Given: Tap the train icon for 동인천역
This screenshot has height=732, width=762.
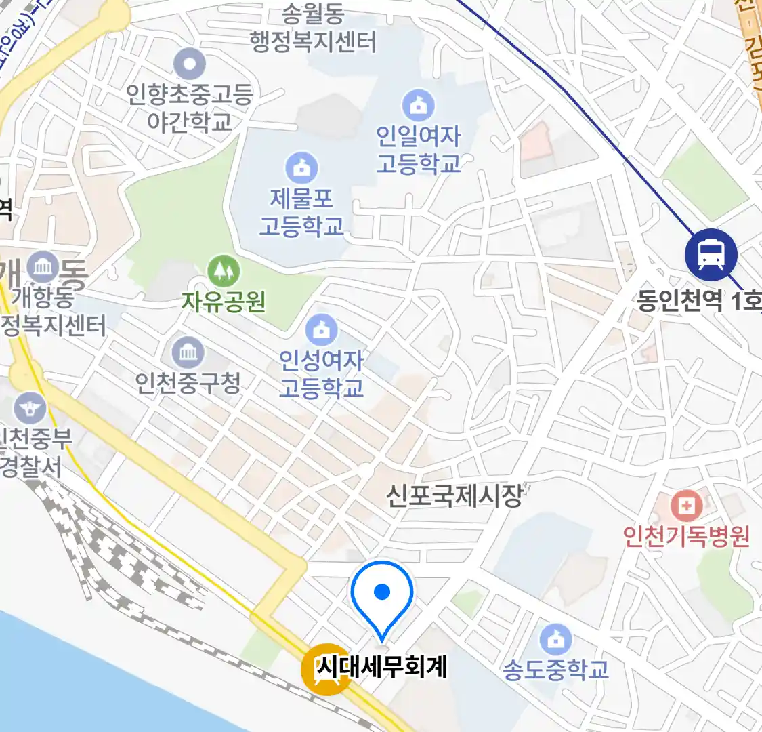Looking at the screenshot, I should (711, 254).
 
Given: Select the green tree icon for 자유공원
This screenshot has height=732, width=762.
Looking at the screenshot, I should (223, 271).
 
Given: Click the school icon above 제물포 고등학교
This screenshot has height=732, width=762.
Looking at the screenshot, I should (301, 167).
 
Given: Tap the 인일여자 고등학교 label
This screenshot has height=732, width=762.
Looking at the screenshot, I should (419, 150).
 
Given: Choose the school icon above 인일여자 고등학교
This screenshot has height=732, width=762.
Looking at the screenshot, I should (419, 106).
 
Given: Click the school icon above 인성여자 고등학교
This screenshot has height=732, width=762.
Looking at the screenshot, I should (321, 330).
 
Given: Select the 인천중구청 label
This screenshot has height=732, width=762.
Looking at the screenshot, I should (188, 383).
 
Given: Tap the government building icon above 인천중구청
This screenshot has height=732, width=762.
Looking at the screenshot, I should (188, 352).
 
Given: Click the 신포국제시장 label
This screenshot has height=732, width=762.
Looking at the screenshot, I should (454, 495).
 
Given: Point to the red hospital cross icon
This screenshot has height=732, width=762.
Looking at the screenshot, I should (686, 506).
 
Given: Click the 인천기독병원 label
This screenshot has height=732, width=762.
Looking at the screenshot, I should (686, 536).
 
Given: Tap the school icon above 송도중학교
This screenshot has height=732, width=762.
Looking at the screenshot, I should (555, 639).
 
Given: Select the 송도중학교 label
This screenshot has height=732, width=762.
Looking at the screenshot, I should (555, 670).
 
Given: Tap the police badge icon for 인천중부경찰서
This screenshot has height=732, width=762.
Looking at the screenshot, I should (30, 408).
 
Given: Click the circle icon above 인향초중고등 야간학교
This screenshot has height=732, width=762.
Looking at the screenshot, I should (189, 65).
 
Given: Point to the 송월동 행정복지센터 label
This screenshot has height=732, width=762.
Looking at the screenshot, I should (312, 28).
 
